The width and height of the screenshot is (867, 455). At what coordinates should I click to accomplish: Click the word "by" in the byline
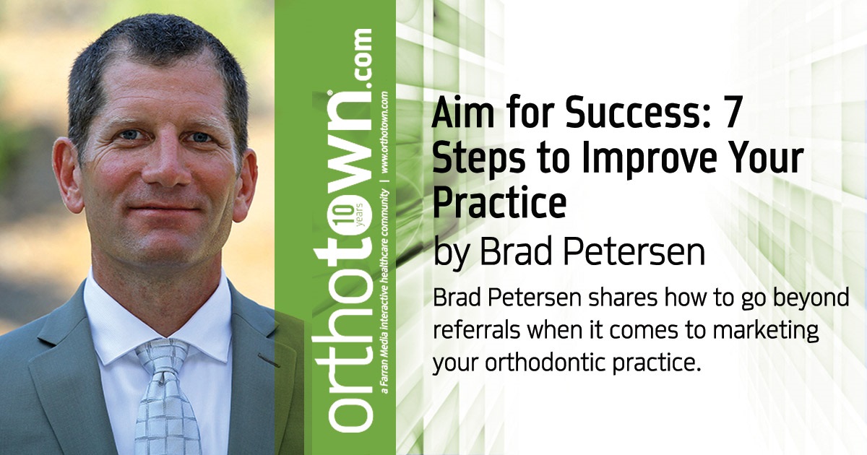[453, 253]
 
